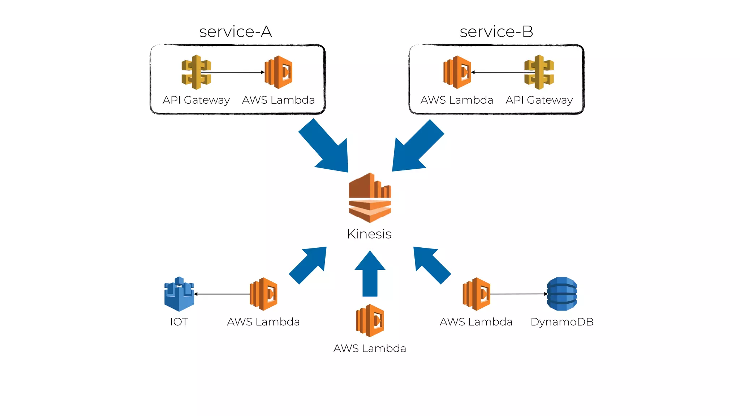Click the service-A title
pos(236,32)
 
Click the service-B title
pos(496,32)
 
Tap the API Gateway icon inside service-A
pos(196,72)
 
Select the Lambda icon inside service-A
pos(279,72)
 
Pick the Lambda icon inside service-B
pos(457,72)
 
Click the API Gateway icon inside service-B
pos(539,72)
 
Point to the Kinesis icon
pos(370,198)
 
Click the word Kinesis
pos(369,234)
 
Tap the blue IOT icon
pos(179,294)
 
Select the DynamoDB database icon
pos(562,294)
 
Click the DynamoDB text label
pos(562,322)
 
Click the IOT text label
pos(179,322)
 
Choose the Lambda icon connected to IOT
pos(263,294)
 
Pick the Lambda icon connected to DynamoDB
pos(476,294)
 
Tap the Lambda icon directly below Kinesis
pos(370,321)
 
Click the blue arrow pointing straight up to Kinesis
pos(370,276)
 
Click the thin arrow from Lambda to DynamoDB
pos(519,294)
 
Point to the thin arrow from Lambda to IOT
pos(222,294)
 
